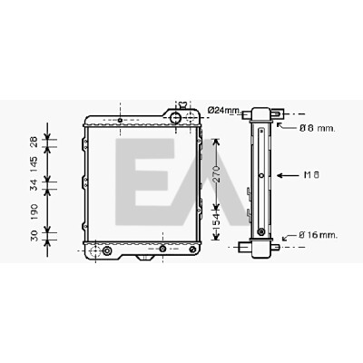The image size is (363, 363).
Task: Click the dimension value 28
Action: (x=34, y=142)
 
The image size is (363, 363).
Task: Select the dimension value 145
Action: (x=34, y=164)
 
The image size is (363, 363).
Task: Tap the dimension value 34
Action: (x=34, y=185)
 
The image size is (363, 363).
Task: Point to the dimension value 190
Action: (x=34, y=211)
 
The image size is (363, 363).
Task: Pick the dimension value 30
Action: (x=34, y=236)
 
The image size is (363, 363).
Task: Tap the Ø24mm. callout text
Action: (x=224, y=111)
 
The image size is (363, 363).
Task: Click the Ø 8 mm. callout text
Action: (x=317, y=128)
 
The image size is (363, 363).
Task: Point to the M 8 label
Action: (x=311, y=175)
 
